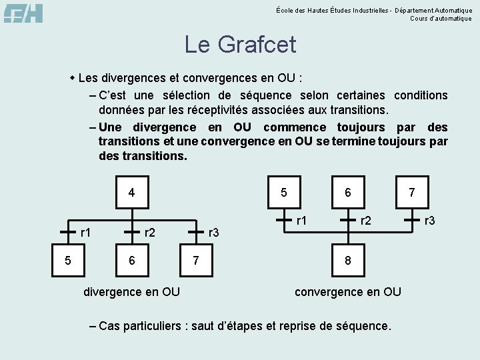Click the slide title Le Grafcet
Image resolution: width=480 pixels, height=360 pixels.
coord(240,45)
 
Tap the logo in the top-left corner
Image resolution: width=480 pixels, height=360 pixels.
coord(23,13)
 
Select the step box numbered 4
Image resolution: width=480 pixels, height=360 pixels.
coord(131,193)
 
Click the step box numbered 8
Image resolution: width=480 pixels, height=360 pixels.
coord(347,261)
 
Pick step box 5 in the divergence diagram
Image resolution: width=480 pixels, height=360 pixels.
coord(68,261)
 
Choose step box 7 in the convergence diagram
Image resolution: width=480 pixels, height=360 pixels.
coord(411,193)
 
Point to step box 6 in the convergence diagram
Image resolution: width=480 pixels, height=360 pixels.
coord(347,193)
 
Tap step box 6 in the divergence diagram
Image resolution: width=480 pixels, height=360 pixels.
coord(131,261)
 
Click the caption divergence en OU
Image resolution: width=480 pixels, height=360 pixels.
coord(131,291)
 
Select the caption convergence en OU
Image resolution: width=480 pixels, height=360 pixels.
coord(347,291)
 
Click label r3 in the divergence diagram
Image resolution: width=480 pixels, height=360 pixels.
coord(214,233)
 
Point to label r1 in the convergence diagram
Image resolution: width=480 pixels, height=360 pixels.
coord(302,219)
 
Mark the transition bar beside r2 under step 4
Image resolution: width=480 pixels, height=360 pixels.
coord(131,231)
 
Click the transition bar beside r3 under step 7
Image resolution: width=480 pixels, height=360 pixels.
coord(411,218)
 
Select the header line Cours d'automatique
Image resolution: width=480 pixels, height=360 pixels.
coord(441,19)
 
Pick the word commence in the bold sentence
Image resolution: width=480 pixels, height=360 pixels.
coord(295,127)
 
